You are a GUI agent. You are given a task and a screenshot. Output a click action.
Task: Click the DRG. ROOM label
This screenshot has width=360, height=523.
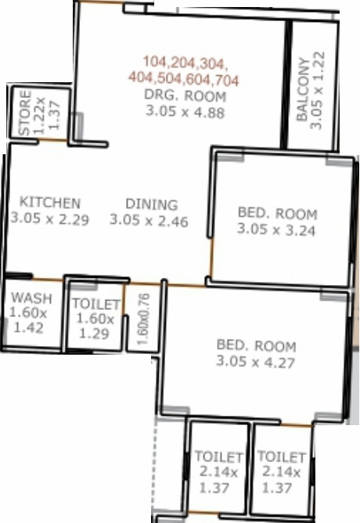click(185, 96)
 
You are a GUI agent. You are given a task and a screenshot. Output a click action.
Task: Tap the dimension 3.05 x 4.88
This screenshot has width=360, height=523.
click(185, 111)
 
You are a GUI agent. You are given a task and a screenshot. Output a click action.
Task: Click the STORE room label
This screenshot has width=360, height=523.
click(25, 114)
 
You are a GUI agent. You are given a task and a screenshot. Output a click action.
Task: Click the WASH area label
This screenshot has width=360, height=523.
click(32, 298)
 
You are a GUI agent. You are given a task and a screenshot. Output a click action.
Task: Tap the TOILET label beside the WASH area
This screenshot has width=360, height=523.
click(95, 305)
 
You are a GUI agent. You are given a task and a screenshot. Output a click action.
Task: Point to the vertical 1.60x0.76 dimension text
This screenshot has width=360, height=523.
click(142, 319)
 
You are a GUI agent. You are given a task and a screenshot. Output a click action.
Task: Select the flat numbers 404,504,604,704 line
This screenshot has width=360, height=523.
click(184, 79)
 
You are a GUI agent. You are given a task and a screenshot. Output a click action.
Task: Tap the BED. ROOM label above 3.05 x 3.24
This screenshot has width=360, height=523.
click(277, 214)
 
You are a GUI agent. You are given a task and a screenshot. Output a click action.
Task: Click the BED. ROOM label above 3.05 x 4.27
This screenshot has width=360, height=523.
click(256, 346)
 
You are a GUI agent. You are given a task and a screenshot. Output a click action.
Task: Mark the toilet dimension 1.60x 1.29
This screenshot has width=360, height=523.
click(95, 326)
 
